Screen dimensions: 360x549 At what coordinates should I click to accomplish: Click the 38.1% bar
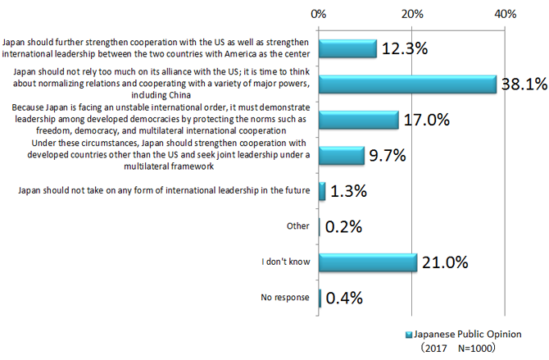(407, 84)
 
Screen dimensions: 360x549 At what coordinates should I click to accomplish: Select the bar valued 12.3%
(347, 48)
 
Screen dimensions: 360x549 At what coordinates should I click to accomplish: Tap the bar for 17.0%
(358, 120)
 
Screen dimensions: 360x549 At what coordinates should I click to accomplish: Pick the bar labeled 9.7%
(342, 155)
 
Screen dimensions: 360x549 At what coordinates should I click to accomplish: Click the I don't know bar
(368, 262)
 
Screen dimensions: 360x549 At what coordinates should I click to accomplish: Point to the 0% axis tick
(320, 14)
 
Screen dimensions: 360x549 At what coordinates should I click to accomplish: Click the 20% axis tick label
(412, 14)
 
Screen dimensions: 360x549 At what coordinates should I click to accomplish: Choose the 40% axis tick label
(506, 14)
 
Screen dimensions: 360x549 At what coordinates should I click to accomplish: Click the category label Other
(298, 227)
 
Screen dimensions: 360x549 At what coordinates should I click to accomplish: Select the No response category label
(286, 298)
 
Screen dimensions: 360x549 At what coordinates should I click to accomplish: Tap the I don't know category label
(285, 262)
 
